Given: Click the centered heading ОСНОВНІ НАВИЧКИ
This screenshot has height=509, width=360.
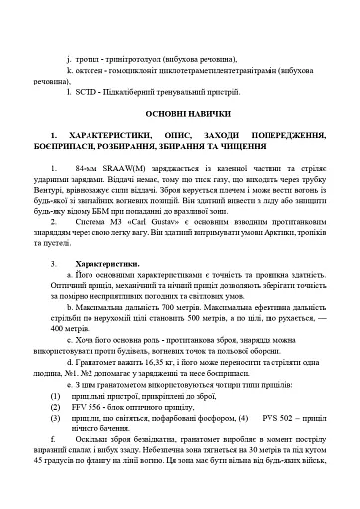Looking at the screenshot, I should pos(180,113).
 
